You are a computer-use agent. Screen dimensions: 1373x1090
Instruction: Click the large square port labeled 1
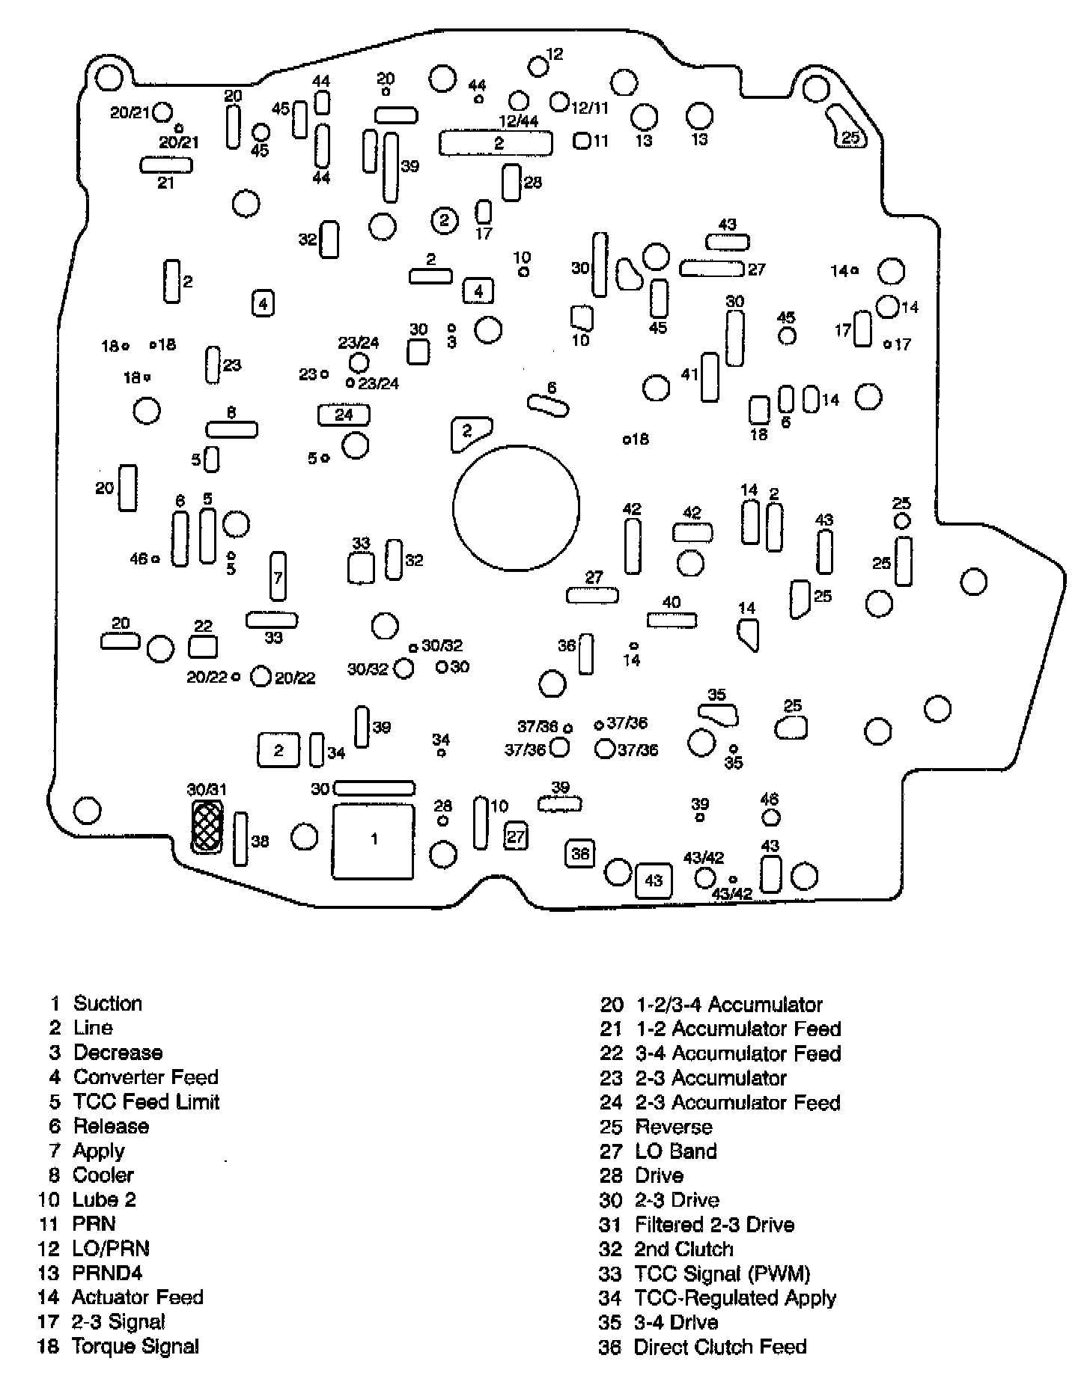point(374,841)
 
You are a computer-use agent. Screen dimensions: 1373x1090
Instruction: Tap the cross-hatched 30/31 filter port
point(207,826)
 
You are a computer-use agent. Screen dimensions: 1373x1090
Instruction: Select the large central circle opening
point(516,508)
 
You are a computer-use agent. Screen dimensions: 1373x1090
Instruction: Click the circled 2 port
point(445,220)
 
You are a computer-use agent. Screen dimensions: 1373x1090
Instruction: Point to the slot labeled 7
point(278,576)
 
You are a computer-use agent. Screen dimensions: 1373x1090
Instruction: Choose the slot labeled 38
point(241,839)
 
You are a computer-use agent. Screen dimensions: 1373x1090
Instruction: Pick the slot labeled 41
point(710,377)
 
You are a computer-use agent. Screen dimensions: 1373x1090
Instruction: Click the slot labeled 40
point(672,620)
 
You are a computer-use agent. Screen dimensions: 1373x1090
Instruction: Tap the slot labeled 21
point(166,165)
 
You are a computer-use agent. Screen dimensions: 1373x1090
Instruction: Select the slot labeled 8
point(232,429)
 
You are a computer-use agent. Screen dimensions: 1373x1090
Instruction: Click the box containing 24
point(344,415)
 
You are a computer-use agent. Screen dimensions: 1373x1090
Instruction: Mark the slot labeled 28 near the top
point(511,183)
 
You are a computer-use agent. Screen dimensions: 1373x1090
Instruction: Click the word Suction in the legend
point(108,1003)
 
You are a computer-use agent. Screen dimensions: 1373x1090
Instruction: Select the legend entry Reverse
point(673,1127)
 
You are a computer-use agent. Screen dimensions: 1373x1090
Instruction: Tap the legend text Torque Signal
point(136,1346)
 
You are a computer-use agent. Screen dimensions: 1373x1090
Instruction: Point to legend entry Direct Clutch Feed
point(719,1347)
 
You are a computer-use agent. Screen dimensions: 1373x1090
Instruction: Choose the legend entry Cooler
point(103,1175)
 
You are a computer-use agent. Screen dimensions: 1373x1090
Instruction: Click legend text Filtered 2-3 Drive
point(714,1225)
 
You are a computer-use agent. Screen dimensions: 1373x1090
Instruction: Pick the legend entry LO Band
point(675,1151)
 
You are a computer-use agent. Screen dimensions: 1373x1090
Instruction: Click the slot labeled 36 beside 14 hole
point(586,654)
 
